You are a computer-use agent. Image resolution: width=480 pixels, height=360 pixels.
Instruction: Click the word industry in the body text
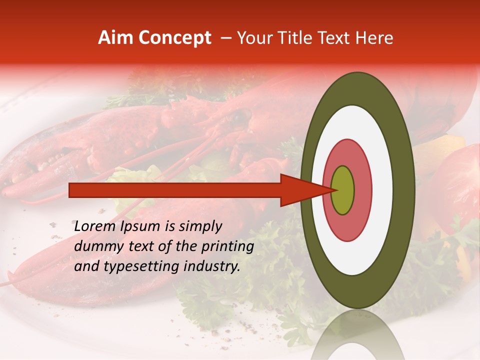point(212,266)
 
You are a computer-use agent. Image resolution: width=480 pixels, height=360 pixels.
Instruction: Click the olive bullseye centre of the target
point(343,190)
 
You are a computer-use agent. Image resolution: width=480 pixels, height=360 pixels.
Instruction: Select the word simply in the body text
point(200,226)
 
